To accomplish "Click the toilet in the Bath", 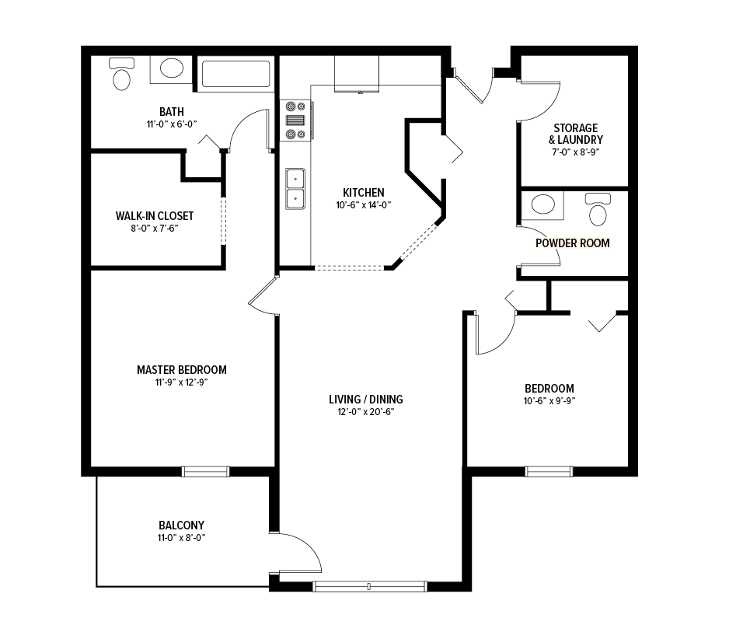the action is (122, 74).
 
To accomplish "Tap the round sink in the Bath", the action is (172, 68).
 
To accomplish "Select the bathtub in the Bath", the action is (235, 74).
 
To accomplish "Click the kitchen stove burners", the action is (295, 120).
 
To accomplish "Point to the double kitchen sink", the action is (295, 189).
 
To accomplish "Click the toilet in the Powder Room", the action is (598, 209).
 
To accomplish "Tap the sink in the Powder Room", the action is (543, 204).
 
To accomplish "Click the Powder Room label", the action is (572, 243).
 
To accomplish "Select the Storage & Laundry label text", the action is (576, 134).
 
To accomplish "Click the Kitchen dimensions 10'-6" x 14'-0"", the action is (364, 205).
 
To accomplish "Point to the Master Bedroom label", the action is (182, 370).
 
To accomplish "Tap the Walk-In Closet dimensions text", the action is (155, 229).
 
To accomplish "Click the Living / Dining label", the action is (366, 400).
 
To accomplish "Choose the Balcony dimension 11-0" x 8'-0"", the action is (181, 538).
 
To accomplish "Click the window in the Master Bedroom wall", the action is (205, 472).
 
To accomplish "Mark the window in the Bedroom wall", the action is (549, 472).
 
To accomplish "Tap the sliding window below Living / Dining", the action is (370, 586).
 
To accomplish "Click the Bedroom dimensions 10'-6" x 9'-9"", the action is (549, 401).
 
